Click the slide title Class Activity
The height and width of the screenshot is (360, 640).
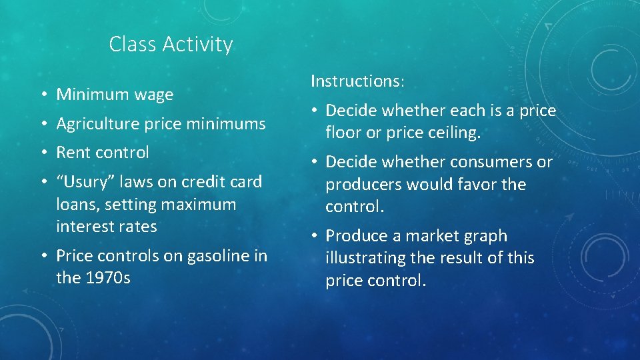pyautogui.click(x=171, y=45)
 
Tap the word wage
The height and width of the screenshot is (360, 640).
pyautogui.click(x=153, y=95)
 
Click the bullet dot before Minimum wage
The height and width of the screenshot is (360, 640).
pyautogui.click(x=41, y=95)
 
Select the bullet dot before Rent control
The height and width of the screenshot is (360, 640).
pyautogui.click(x=41, y=153)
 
